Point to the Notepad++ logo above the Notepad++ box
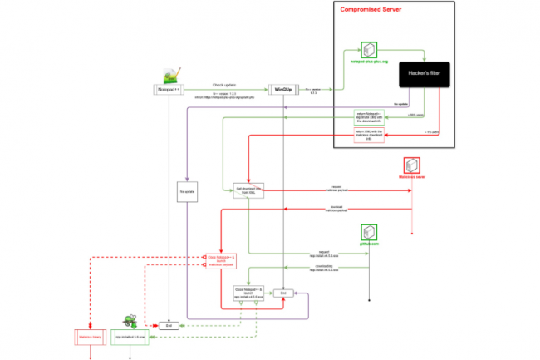169,72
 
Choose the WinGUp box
282,88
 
